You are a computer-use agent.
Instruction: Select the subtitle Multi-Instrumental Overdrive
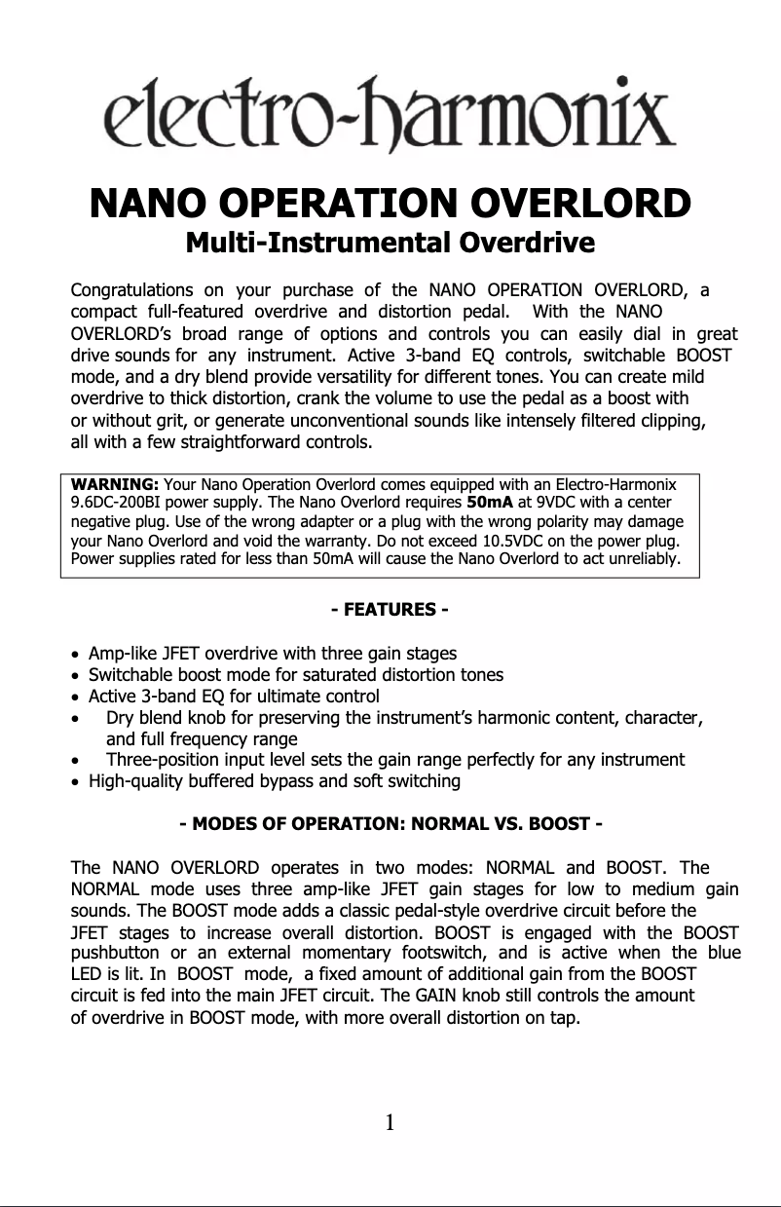click(x=390, y=242)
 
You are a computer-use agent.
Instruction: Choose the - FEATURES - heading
click(x=390, y=610)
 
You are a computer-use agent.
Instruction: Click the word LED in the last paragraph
click(x=87, y=974)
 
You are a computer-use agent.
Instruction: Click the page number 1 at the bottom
click(x=390, y=1123)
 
